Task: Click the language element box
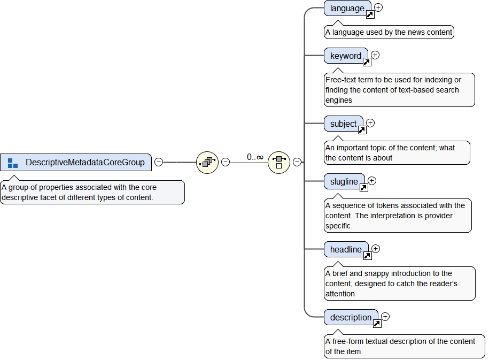[x=346, y=8]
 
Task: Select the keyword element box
[x=345, y=56]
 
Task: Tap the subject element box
[x=343, y=124]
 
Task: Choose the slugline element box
[x=344, y=181]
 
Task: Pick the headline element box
[x=346, y=249]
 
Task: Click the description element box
[x=350, y=317]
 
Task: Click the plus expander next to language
[x=378, y=7]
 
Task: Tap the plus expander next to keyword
[x=375, y=55]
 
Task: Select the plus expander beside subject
[x=370, y=123]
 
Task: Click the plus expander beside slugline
[x=372, y=181]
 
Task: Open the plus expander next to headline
[x=376, y=249]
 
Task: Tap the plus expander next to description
[x=385, y=317]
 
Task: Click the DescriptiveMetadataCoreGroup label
[x=85, y=163]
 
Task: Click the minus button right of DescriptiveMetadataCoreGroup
[x=159, y=162]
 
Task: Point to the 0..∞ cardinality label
[x=255, y=157]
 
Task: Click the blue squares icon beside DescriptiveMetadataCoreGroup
[x=13, y=163]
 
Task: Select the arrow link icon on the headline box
[x=367, y=256]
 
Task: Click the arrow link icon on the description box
[x=377, y=324]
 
